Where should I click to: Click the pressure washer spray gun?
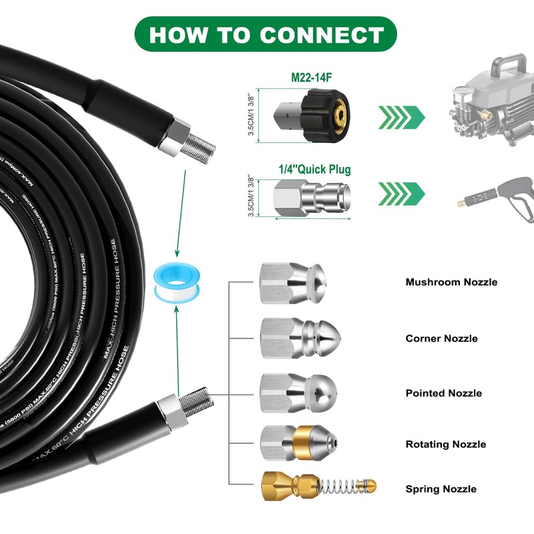501,198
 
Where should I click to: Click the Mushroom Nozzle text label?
451,282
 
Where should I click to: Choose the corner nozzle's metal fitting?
298,338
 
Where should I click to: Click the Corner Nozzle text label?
441,338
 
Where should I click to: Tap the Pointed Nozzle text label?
443,393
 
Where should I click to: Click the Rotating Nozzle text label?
445,445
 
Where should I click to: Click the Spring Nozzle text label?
441,489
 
